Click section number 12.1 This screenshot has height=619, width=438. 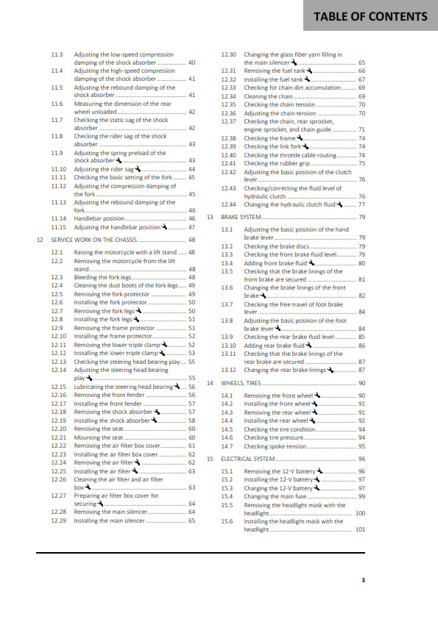click(x=57, y=252)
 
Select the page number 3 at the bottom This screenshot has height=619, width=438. click(x=363, y=581)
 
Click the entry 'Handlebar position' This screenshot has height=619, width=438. click(x=99, y=218)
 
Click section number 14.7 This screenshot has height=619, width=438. click(x=227, y=446)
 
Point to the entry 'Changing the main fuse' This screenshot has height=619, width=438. click(x=272, y=496)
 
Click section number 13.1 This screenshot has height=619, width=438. click(x=227, y=230)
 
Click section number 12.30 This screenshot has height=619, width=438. click(x=229, y=54)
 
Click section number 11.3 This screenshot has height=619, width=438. click(x=57, y=54)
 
